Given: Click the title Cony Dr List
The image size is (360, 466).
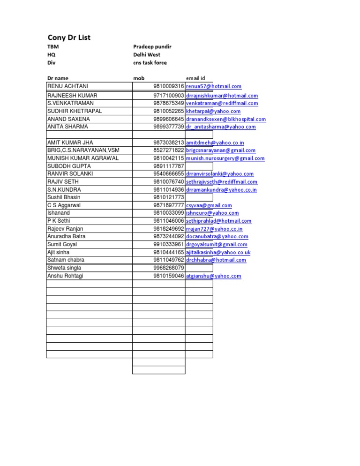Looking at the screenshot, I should [69, 38].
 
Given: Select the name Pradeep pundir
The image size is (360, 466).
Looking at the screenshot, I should [152, 47].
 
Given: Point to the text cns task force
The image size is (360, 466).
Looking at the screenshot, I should [150, 63].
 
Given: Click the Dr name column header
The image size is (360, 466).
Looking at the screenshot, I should [58, 78].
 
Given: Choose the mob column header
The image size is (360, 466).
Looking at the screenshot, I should [139, 78].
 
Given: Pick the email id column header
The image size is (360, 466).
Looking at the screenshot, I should [195, 78].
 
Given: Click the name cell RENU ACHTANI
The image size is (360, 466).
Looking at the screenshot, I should [67, 86].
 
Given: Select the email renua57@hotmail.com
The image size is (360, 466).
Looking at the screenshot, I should [214, 86].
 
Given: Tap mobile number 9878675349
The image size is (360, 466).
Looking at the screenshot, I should [168, 103].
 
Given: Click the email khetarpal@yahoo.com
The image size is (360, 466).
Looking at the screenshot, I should [213, 111].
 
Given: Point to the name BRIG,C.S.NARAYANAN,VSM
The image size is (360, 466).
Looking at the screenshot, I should [83, 150].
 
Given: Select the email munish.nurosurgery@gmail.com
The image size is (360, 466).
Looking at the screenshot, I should [225, 158].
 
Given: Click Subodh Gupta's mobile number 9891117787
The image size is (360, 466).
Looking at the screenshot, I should [168, 166].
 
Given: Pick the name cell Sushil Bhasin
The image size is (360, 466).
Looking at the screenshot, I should [64, 197].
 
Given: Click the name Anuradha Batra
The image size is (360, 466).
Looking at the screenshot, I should [66, 237].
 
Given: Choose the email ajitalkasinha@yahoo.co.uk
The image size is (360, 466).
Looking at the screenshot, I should [218, 252].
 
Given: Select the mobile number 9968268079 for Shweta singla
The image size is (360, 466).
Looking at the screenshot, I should [168, 268].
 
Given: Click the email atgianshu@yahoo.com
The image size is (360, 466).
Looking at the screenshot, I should [213, 276].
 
